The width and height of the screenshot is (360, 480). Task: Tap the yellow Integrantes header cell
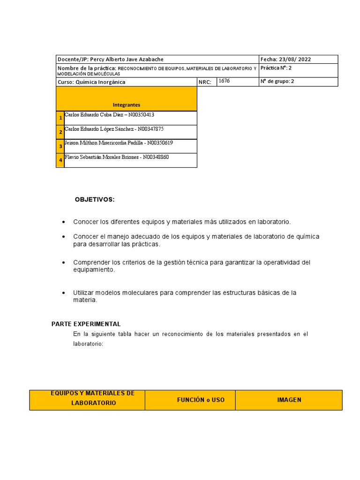tap(126, 105)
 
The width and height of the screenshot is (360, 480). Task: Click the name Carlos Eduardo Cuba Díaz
tap(94, 114)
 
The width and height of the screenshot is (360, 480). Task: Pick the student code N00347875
tap(150, 128)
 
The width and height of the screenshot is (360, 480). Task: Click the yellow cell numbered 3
tap(60, 146)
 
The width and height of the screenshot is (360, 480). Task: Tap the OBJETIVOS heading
tap(94, 200)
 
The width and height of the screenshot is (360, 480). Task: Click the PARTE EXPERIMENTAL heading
tap(86, 324)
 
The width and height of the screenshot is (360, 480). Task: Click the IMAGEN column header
tap(289, 400)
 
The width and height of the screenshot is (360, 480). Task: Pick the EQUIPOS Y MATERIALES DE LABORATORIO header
tap(92, 398)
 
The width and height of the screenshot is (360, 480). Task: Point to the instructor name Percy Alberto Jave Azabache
tap(127, 60)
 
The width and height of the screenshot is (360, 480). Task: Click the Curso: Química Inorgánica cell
tap(91, 82)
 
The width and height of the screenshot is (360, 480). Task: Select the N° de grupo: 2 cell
tap(277, 81)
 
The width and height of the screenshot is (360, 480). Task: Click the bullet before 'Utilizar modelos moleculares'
tap(63, 292)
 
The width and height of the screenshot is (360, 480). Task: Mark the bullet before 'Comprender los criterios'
tap(63, 262)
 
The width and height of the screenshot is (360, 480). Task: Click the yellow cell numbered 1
tap(60, 118)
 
